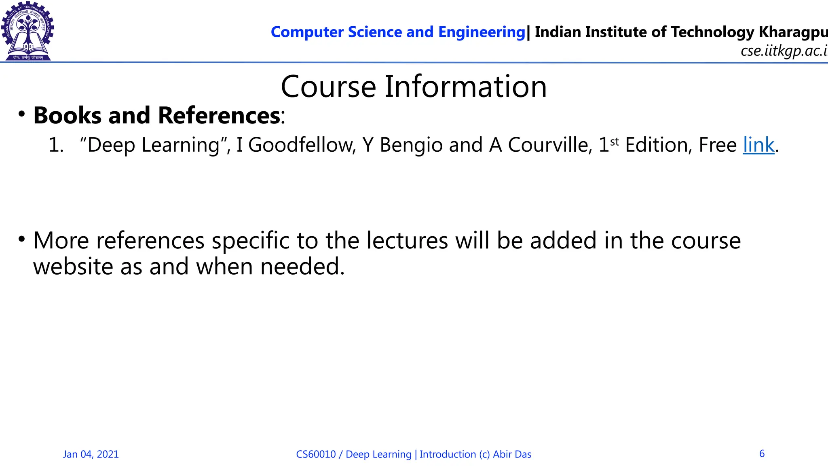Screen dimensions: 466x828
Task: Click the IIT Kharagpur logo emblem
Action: pos(27,31)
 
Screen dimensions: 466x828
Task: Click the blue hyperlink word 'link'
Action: pos(758,145)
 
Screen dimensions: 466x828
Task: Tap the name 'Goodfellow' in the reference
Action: pos(302,145)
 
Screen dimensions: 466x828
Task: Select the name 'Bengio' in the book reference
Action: pos(411,146)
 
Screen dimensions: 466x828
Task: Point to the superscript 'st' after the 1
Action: pos(614,142)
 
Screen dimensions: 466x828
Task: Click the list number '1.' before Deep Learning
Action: pos(56,145)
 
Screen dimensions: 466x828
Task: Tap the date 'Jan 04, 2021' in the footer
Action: pos(91,454)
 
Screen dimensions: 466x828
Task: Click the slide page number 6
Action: pos(762,453)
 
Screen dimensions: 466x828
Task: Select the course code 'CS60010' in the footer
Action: pos(316,454)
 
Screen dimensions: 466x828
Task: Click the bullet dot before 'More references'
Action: pos(21,239)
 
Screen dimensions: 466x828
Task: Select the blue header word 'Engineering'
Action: pos(482,32)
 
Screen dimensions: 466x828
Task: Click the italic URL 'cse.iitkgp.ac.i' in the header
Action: pos(784,51)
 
